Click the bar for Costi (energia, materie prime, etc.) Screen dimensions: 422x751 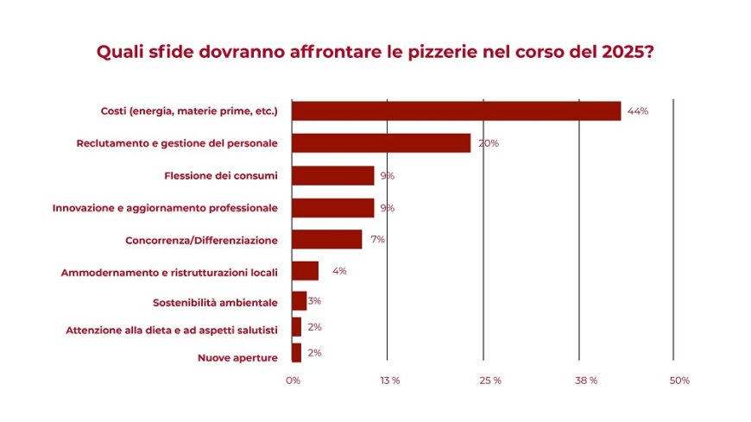(456, 110)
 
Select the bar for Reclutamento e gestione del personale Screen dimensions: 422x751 (381, 143)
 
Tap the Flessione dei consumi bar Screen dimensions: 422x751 (332, 176)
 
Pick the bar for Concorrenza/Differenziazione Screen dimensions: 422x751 (326, 239)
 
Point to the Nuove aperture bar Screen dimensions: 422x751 (296, 352)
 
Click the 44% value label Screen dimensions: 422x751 (638, 111)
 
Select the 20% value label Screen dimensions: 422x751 (489, 143)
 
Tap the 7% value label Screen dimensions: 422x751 (377, 239)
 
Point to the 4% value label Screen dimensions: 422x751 (339, 271)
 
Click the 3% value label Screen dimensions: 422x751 (314, 301)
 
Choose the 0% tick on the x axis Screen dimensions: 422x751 (293, 381)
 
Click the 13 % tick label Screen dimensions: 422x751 (389, 381)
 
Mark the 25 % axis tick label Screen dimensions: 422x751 (491, 381)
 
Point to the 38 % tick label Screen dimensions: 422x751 (587, 381)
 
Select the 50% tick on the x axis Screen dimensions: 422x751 (679, 381)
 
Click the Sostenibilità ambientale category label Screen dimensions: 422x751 (215, 303)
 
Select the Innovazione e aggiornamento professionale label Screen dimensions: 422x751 (165, 208)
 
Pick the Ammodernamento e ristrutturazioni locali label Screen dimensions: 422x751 (169, 273)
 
